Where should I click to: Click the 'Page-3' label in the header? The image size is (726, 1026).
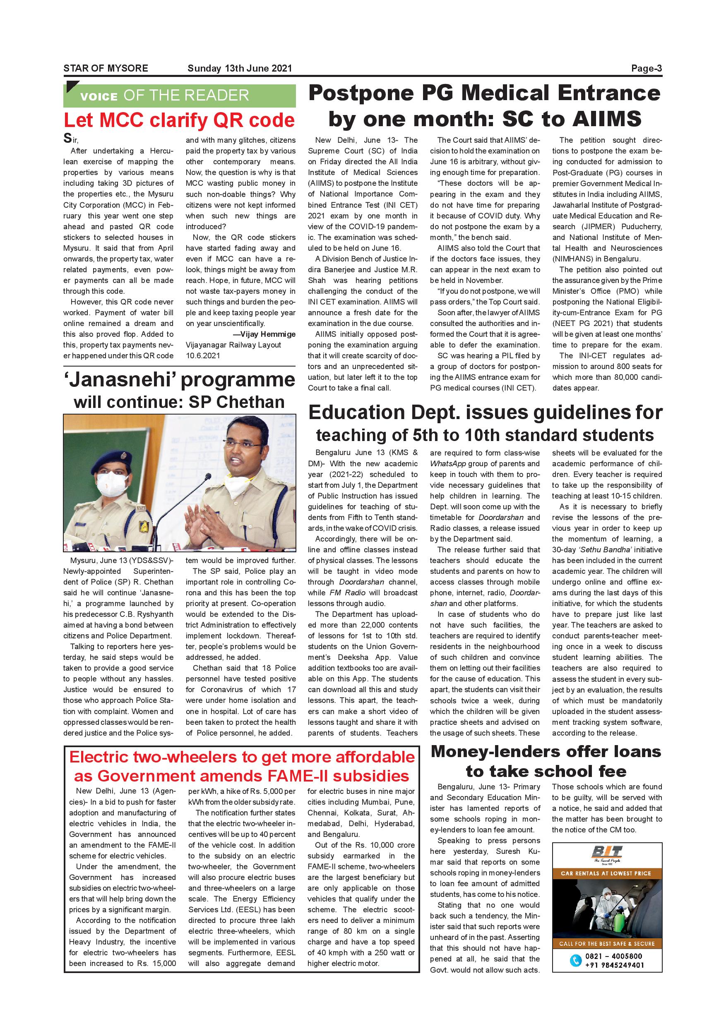[646, 68]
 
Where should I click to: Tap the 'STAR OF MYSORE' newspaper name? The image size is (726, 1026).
[106, 68]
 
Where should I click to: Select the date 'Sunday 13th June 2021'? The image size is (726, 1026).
[239, 68]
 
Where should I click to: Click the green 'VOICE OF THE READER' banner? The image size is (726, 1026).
[179, 95]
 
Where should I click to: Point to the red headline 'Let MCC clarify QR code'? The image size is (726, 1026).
[179, 120]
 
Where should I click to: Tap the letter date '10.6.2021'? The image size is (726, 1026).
[203, 356]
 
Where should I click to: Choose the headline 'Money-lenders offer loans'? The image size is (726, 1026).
[546, 752]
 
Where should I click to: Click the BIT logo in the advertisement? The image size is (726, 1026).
[607, 852]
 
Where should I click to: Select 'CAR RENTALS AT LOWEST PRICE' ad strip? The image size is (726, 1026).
[607, 873]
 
